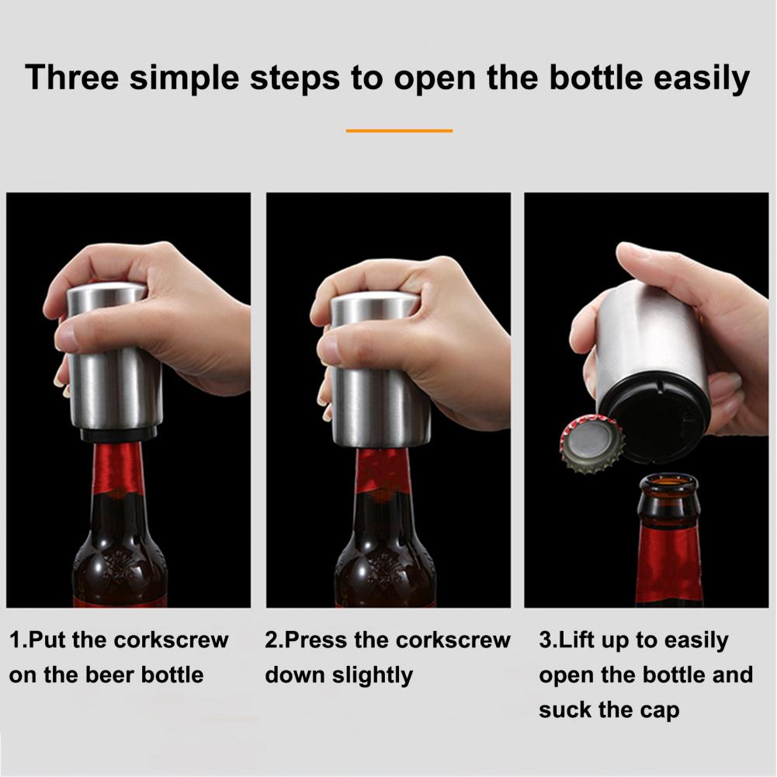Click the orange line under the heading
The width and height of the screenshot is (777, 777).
coord(399,131)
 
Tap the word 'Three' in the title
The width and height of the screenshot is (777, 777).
coord(72,78)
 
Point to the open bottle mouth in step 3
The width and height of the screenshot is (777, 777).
coord(668,484)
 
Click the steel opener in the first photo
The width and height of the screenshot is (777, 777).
coord(113,357)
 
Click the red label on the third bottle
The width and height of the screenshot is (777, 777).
coord(668,569)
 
